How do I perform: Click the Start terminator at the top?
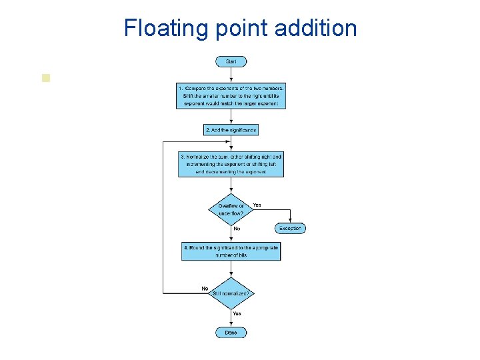[231, 61]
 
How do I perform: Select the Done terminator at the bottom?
[231, 332]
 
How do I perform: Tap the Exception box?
[290, 228]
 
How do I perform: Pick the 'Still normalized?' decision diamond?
[231, 293]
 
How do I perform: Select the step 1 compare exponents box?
[231, 96]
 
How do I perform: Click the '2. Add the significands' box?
[231, 130]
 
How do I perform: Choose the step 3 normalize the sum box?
[231, 164]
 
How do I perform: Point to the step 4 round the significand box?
[231, 251]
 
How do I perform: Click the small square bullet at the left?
[45, 77]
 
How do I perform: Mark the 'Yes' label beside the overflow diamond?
[257, 205]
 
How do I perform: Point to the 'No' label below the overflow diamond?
[237, 229]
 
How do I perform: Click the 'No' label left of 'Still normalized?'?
[205, 288]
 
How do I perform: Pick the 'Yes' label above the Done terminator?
[237, 313]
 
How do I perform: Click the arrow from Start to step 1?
[231, 75]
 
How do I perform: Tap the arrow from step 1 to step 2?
[231, 117]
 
